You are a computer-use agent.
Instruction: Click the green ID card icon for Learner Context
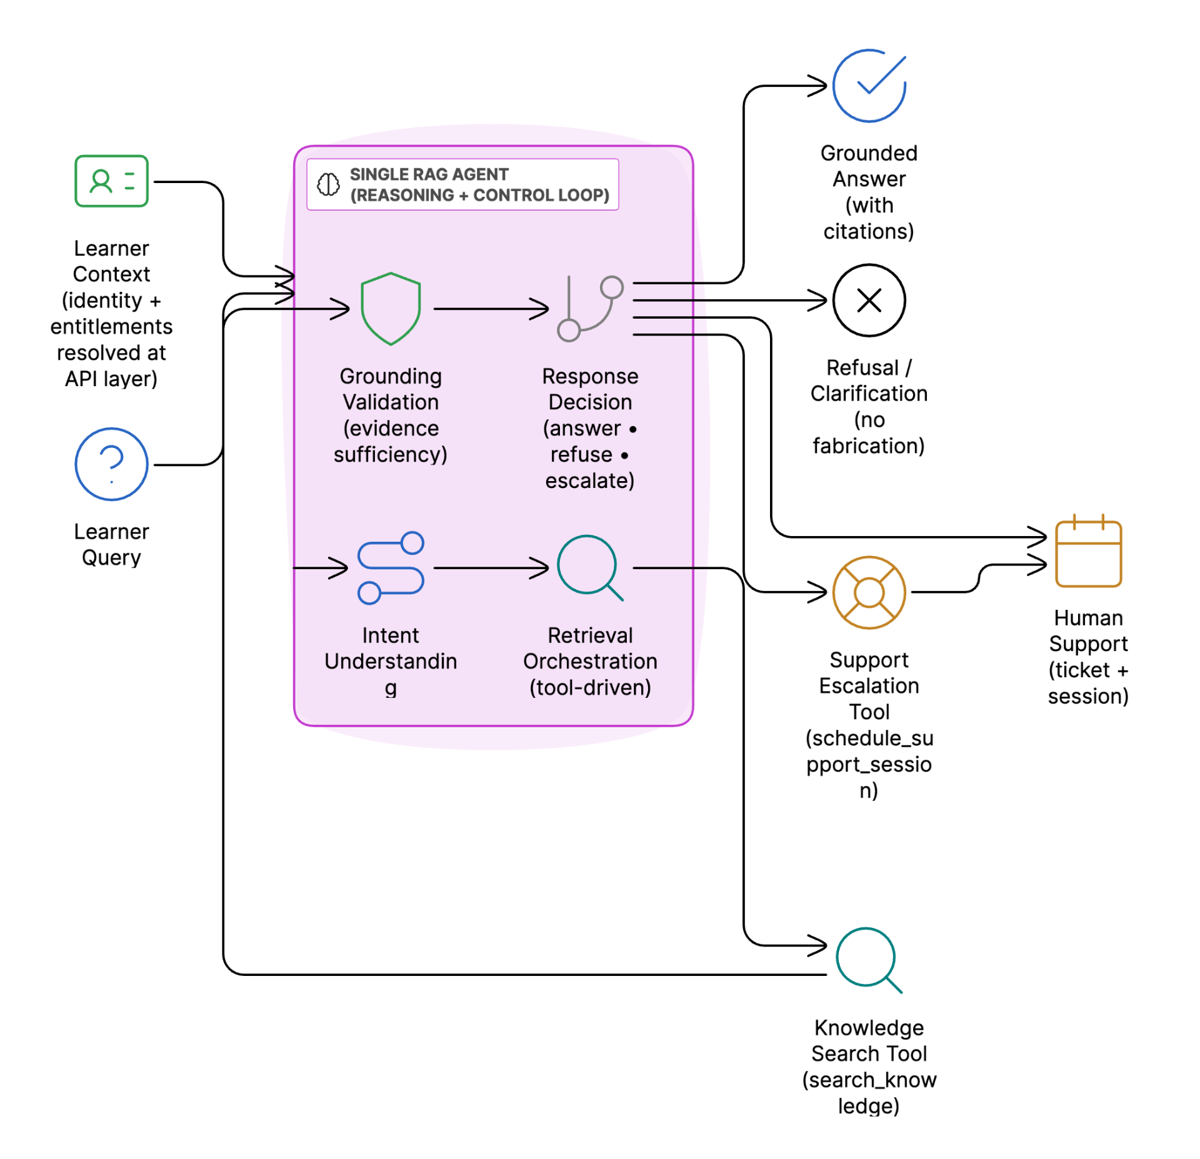coord(111,181)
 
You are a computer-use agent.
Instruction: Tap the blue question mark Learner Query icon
coord(111,464)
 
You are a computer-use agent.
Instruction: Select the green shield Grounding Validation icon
coord(391,309)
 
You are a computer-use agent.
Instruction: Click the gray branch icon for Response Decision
coord(590,309)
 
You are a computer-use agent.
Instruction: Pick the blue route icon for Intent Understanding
coord(391,568)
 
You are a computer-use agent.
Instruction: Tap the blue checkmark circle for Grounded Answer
coord(869,86)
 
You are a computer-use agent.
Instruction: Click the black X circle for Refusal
coord(869,301)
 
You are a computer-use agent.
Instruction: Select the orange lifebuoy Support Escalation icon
coord(869,592)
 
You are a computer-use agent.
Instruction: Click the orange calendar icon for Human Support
coord(1088,552)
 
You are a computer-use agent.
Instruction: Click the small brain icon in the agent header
coord(328,184)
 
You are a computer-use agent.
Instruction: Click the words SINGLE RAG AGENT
coord(429,174)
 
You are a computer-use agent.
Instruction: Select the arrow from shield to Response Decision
coord(491,309)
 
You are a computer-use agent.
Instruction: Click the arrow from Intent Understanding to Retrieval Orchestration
coord(491,568)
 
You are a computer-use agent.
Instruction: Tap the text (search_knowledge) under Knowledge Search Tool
coord(869,1092)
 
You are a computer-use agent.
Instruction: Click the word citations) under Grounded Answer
coord(869,232)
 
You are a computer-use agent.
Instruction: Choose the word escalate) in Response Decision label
coord(590,480)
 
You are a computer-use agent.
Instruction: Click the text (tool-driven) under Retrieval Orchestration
coord(590,687)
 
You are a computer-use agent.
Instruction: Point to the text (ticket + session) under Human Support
coord(1088,683)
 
